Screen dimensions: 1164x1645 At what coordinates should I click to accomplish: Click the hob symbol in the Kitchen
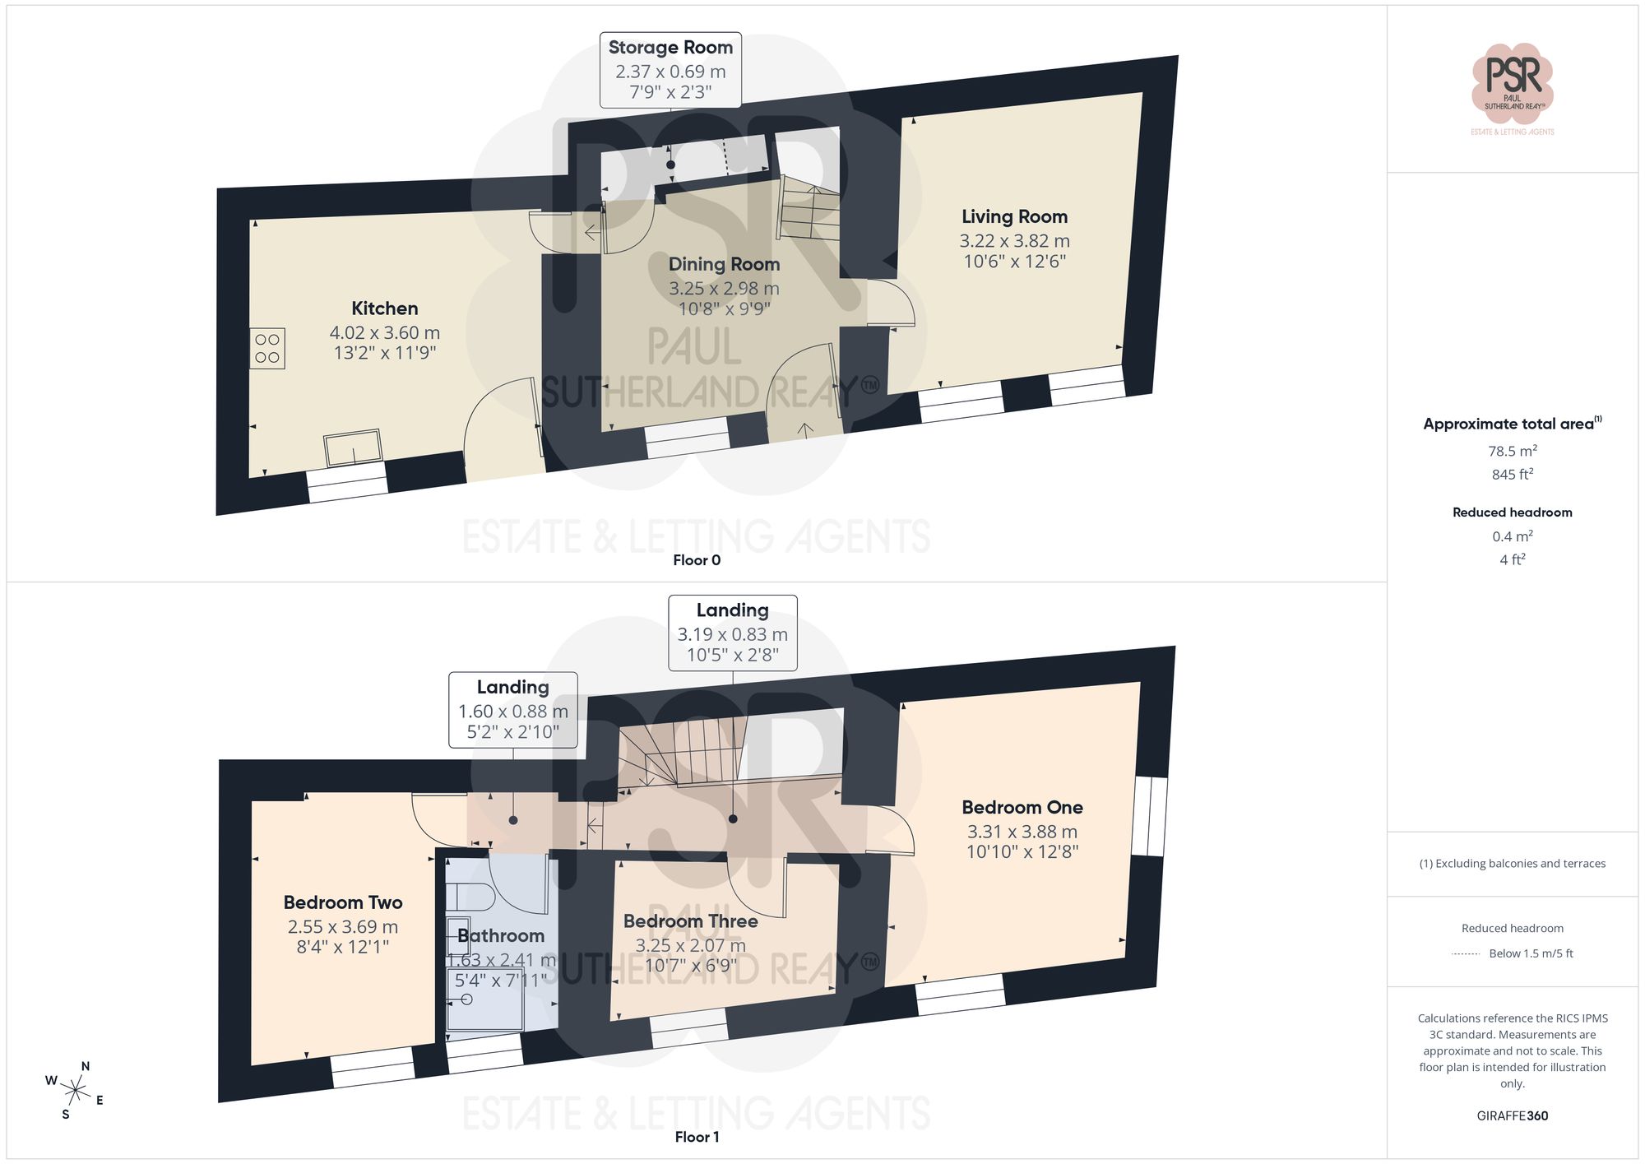[267, 348]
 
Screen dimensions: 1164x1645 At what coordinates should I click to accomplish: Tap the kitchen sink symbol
[353, 448]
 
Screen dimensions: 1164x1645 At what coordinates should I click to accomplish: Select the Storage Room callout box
[670, 70]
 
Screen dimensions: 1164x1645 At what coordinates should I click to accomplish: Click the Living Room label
[1014, 216]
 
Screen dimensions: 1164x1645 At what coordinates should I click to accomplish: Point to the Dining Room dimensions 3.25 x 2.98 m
[724, 289]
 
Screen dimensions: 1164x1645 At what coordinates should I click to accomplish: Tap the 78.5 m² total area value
[1512, 451]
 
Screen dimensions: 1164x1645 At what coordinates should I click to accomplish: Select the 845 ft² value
[1512, 474]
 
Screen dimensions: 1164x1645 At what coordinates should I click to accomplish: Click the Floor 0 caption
[697, 560]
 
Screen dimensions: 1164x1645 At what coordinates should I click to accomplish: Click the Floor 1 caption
[697, 1137]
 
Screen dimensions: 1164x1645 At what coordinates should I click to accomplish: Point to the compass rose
[75, 1091]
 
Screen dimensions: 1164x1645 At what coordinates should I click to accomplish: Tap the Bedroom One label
[1022, 807]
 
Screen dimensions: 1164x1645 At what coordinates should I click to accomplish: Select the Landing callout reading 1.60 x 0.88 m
[512, 709]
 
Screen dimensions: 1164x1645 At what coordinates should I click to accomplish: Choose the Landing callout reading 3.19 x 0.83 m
[732, 633]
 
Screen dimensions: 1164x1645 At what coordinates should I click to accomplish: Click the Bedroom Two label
[343, 902]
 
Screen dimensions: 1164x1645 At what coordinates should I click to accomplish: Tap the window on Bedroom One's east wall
[1149, 817]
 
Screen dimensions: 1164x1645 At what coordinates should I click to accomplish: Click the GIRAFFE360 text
[1512, 1115]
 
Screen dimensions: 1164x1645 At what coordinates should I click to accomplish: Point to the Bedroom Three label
[690, 921]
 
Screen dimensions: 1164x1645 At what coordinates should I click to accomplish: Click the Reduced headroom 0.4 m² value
[1512, 536]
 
